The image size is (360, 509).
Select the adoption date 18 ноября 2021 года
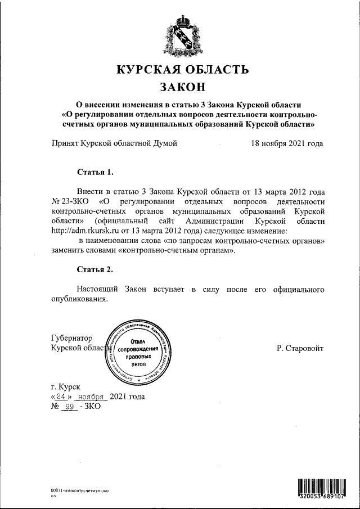tap(287, 143)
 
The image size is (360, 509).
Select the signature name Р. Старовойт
tap(300, 348)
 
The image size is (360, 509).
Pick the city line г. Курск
tap(66, 387)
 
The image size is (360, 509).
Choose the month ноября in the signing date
tap(93, 397)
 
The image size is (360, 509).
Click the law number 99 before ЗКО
tap(70, 406)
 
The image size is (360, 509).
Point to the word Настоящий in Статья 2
tap(96, 289)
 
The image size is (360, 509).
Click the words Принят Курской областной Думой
tap(114, 143)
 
